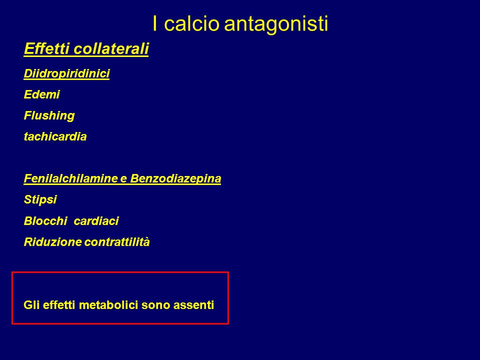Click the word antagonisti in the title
tap(276, 24)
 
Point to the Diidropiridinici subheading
tap(66, 73)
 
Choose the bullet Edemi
tap(41, 94)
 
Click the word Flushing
tap(49, 116)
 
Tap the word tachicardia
tap(55, 136)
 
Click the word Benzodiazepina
tap(175, 179)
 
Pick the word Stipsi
tap(40, 200)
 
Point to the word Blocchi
tap(45, 220)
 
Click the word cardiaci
tap(96, 220)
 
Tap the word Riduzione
tap(52, 242)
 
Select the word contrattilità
tap(117, 242)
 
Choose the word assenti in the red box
tap(194, 305)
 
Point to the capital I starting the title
tap(155, 23)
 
